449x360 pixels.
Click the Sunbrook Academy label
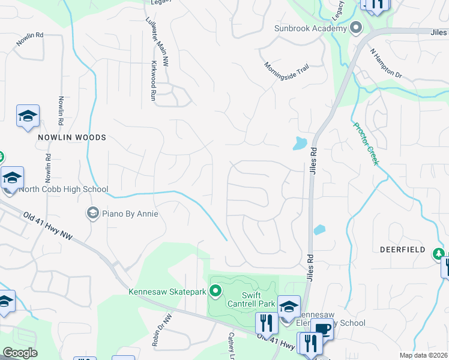[310, 28]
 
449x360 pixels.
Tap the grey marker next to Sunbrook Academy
[356, 28]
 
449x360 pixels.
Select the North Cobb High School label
[55, 190]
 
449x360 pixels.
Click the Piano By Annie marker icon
[92, 213]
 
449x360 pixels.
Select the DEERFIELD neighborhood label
[402, 250]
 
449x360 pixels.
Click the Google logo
[20, 353]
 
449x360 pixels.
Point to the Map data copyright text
[423, 355]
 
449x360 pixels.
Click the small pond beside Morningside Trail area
[300, 143]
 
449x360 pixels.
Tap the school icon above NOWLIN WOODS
[28, 116]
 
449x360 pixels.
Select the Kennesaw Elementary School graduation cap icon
[289, 307]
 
